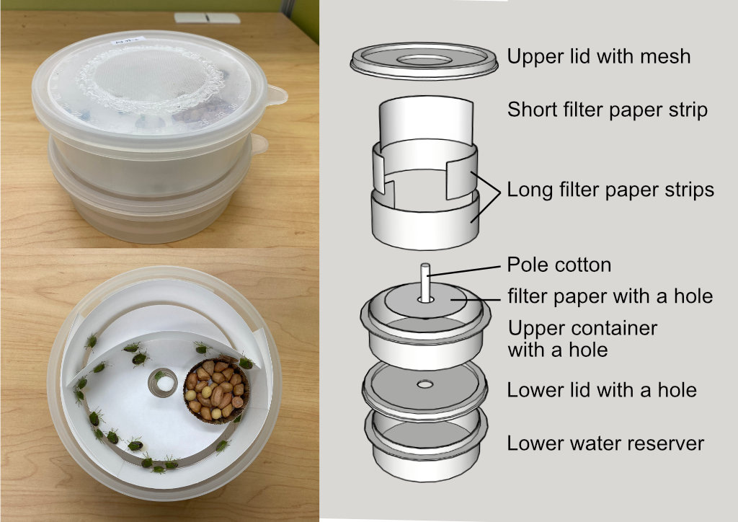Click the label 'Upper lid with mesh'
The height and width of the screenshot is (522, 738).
(x=599, y=57)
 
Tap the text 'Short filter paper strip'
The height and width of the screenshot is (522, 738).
(x=607, y=110)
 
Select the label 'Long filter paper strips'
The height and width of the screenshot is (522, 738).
(x=610, y=190)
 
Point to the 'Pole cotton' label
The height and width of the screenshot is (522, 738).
(x=559, y=265)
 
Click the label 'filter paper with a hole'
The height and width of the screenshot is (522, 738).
(x=610, y=296)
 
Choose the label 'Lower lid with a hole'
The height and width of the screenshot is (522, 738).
(x=602, y=390)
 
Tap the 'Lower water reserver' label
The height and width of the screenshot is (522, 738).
(x=605, y=443)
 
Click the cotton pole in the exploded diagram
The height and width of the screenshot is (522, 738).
(x=425, y=283)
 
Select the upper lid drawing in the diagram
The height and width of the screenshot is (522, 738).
(x=424, y=61)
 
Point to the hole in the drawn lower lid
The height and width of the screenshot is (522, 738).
(x=425, y=384)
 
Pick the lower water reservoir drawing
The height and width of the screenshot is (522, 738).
(x=425, y=444)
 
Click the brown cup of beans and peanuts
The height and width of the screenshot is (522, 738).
(x=216, y=390)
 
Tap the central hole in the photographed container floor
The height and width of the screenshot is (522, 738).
(x=164, y=383)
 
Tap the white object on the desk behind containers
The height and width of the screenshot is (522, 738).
(x=207, y=18)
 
